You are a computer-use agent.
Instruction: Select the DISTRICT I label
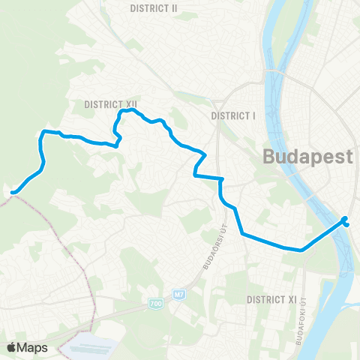(x=233, y=115)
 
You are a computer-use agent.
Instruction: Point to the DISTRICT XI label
(x=271, y=299)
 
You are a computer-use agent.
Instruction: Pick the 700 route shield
(x=155, y=303)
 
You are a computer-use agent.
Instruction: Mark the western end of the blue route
(x=13, y=192)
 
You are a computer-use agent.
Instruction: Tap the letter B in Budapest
(x=268, y=157)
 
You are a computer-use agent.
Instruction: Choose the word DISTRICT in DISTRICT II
(x=148, y=8)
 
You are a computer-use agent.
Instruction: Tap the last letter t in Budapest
(x=349, y=157)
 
